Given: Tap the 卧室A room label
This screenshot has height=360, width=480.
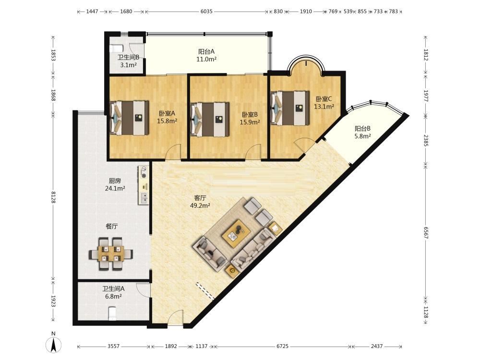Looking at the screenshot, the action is pyautogui.click(x=167, y=113).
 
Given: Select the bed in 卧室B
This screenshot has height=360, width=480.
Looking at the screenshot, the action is pyautogui.click(x=210, y=119).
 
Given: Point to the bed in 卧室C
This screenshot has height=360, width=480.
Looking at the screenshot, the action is pyautogui.click(x=290, y=108).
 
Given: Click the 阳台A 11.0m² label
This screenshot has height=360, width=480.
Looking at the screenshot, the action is pyautogui.click(x=206, y=55).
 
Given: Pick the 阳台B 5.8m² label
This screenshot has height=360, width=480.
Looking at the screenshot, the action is pyautogui.click(x=363, y=132).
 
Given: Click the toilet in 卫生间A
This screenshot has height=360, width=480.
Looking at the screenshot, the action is pyautogui.click(x=113, y=313).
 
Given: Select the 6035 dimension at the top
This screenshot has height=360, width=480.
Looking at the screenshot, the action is pyautogui.click(x=206, y=12).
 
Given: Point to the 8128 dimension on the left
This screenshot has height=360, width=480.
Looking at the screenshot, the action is pyautogui.click(x=53, y=197).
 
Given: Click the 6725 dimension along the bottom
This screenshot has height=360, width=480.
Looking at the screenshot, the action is pyautogui.click(x=283, y=346).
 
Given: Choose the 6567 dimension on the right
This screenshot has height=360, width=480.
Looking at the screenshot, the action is pyautogui.click(x=426, y=232).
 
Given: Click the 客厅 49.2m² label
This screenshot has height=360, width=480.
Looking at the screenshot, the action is pyautogui.click(x=200, y=202).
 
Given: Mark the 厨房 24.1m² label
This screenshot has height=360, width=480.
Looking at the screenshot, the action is pyautogui.click(x=115, y=185).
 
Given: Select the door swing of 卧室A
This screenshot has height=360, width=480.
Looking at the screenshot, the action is pyautogui.click(x=172, y=152).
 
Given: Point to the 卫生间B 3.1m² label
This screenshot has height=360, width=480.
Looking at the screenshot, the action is pyautogui.click(x=129, y=61).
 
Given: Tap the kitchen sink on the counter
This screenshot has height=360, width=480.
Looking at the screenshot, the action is pyautogui.click(x=143, y=198).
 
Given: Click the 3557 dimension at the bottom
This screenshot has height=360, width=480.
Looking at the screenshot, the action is pyautogui.click(x=113, y=346).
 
